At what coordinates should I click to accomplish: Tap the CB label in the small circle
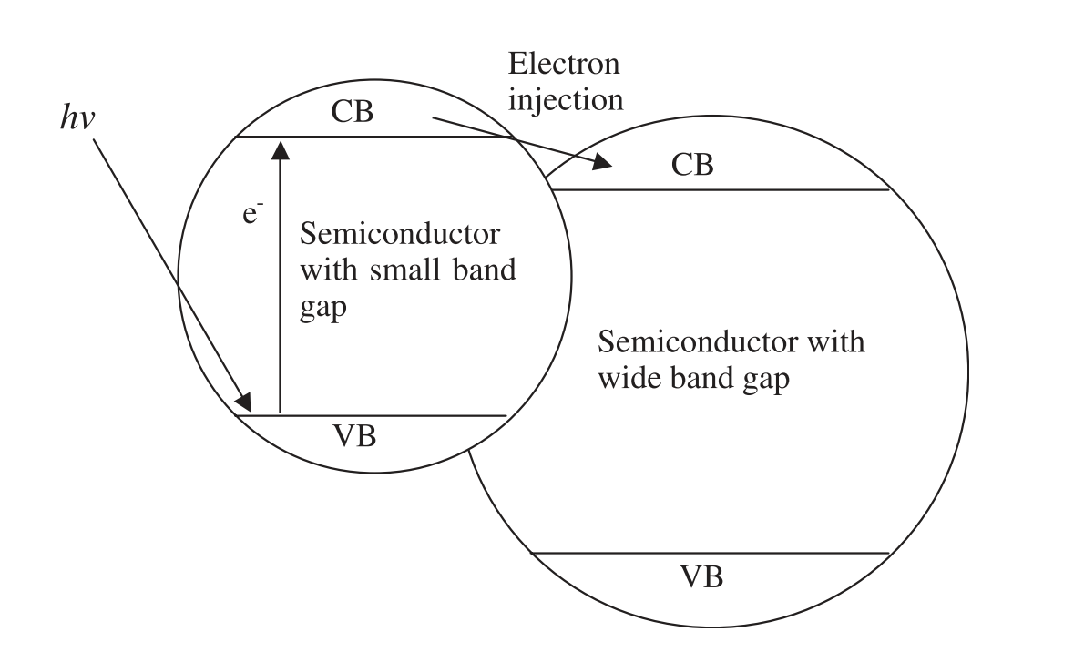pos(352,113)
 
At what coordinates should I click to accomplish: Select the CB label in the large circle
pos(692,165)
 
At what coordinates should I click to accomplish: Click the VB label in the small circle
pos(352,436)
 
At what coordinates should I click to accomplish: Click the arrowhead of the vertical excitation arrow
pos(280,147)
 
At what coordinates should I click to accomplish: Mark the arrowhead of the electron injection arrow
pos(603,163)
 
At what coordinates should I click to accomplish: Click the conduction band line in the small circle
pos(383,138)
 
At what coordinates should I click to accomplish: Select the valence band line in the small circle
pos(383,416)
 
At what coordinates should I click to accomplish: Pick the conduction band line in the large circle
pos(720,189)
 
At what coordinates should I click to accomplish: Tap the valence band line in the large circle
pos(711,553)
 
